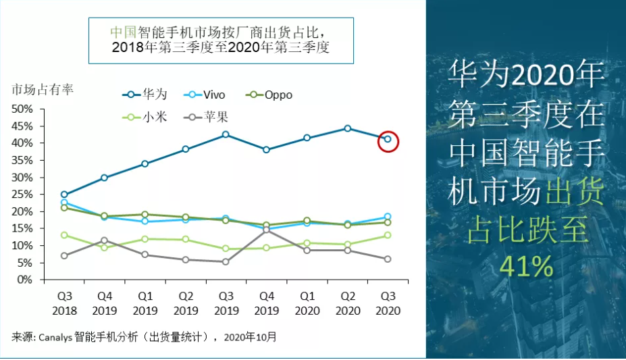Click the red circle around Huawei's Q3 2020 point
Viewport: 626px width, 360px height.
(388, 141)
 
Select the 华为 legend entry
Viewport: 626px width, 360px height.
(145, 95)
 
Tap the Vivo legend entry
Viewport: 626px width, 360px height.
(206, 95)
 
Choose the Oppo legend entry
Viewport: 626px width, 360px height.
(270, 95)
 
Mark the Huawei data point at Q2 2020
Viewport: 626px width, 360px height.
(347, 128)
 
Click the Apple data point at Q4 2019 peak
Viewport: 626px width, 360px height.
(266, 230)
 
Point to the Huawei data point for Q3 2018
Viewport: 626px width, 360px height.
(64, 195)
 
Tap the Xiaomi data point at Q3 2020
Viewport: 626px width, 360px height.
(388, 235)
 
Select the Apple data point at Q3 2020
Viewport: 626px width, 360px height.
(388, 259)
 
